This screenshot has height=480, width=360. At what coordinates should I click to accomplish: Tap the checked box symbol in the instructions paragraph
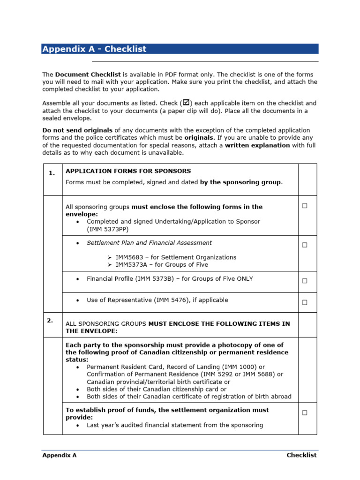(186, 102)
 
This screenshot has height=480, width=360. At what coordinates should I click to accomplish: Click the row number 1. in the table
(52, 173)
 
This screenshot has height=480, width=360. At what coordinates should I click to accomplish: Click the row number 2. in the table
(50, 321)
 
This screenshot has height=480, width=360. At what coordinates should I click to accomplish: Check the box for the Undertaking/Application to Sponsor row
(305, 206)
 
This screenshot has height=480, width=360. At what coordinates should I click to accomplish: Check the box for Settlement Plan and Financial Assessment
(305, 245)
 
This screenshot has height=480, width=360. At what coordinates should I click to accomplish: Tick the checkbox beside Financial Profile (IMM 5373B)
(305, 281)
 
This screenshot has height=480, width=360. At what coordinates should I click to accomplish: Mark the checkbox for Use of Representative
(305, 302)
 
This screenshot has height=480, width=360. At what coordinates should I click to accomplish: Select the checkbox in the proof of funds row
(305, 412)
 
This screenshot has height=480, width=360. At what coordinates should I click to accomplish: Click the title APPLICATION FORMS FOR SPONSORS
(128, 171)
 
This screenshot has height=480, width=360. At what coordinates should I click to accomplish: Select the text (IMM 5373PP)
(107, 229)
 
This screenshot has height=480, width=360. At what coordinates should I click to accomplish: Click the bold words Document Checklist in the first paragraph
(88, 75)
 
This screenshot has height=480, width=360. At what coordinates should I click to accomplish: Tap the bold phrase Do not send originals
(77, 130)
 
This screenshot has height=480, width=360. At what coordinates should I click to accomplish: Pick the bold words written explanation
(257, 145)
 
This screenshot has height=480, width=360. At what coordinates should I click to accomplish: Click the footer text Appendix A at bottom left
(59, 455)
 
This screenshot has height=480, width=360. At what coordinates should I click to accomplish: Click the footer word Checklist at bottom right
(301, 455)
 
